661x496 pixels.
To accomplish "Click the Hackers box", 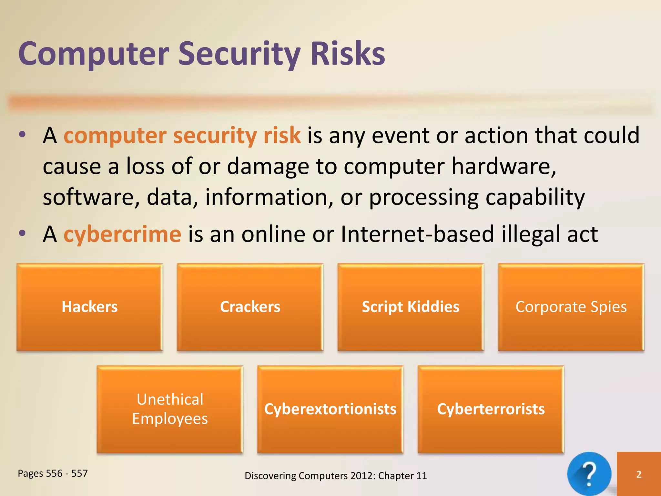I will click(90, 307).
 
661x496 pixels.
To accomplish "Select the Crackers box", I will click(250, 307).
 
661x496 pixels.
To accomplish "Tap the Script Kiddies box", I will click(411, 307).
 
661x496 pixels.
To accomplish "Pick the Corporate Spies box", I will click(571, 307).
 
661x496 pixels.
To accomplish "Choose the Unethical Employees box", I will click(170, 409).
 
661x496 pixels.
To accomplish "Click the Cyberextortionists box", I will click(330, 409).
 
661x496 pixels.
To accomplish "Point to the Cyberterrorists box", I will click(491, 409).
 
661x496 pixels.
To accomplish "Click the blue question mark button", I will click(589, 474).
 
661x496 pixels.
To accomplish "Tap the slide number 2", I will click(639, 474).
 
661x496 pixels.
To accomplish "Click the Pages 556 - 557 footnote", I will click(53, 473).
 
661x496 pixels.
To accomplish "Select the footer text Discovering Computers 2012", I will click(336, 476).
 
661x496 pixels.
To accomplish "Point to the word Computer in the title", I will click(94, 54).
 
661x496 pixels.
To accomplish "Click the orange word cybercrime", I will click(122, 234).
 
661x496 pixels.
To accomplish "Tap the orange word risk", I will click(282, 135).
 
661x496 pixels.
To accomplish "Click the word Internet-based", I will click(417, 234).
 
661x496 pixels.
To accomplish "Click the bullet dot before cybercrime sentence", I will click(22, 233).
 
